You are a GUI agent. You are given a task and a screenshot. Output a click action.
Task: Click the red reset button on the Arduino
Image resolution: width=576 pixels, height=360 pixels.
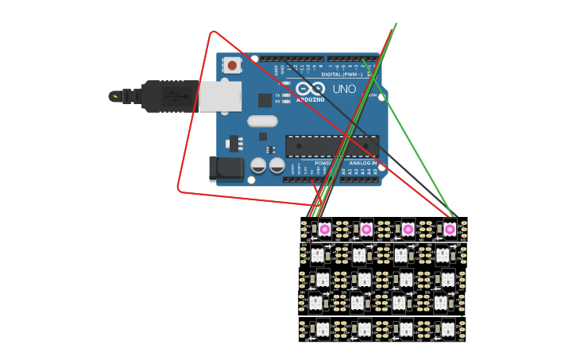coord(232,65)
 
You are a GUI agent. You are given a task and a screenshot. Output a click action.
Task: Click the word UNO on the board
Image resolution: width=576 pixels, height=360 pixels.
coord(343,89)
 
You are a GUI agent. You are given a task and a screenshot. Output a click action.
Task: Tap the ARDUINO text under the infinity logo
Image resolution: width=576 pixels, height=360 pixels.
coord(310,100)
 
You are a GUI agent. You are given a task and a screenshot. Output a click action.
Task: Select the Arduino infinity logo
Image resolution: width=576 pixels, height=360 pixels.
coord(310,88)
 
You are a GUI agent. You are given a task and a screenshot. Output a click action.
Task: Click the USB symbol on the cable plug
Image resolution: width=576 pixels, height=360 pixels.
coord(176,96)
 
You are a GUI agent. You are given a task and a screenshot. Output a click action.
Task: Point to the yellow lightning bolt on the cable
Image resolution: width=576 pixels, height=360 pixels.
coord(116,97)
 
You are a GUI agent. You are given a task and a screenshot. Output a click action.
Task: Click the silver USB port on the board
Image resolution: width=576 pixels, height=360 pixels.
coord(219,96)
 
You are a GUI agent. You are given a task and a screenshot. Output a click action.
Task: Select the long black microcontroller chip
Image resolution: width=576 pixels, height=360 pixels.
coord(332,146)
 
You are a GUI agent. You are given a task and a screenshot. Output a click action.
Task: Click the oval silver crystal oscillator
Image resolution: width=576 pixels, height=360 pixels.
coord(262,122)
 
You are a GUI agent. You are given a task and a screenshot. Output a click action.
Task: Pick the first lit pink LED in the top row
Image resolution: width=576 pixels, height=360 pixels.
coord(325,229)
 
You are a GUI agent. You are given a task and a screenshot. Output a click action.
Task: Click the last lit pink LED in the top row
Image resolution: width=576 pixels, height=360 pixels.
coord(450,229)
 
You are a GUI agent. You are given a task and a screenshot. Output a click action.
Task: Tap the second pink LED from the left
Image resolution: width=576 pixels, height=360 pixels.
coord(366,229)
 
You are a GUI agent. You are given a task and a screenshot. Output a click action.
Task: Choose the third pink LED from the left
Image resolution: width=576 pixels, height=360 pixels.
coord(408,229)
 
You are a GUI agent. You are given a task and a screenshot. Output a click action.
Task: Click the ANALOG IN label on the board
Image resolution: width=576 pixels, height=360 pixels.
coord(362,163)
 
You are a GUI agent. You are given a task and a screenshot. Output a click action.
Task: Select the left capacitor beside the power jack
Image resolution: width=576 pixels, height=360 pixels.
coord(258,165)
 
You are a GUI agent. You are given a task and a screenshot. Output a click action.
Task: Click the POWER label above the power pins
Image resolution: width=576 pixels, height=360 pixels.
coord(323,163)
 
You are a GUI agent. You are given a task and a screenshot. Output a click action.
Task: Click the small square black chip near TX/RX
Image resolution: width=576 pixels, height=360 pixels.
coord(265,100)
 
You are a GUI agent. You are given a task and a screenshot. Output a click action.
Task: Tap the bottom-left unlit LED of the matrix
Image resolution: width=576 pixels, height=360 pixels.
coord(322,329)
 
